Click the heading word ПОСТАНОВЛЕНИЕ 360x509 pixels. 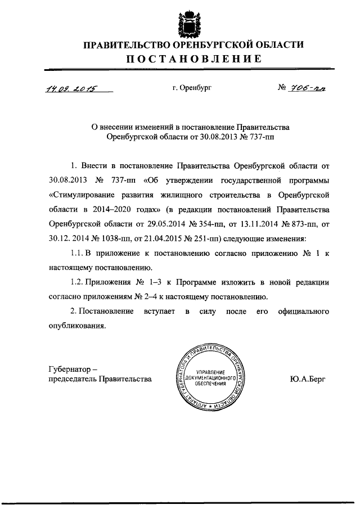pyautogui.click(x=193, y=59)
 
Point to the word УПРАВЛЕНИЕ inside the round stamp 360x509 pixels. pyautogui.click(x=209, y=373)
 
